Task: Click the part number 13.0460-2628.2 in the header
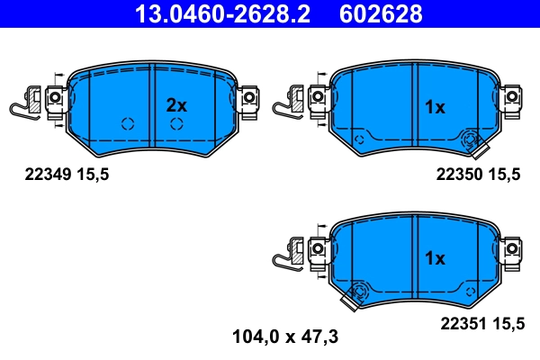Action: click(x=223, y=14)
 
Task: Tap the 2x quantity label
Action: click(x=176, y=105)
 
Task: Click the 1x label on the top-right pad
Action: click(x=435, y=107)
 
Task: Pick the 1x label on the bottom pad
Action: click(x=435, y=258)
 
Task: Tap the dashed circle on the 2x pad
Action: click(x=127, y=123)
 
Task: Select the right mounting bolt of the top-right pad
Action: click(x=512, y=95)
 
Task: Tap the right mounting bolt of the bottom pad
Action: click(x=512, y=246)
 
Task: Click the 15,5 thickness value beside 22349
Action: click(x=92, y=175)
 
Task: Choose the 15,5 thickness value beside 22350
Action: click(x=504, y=175)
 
